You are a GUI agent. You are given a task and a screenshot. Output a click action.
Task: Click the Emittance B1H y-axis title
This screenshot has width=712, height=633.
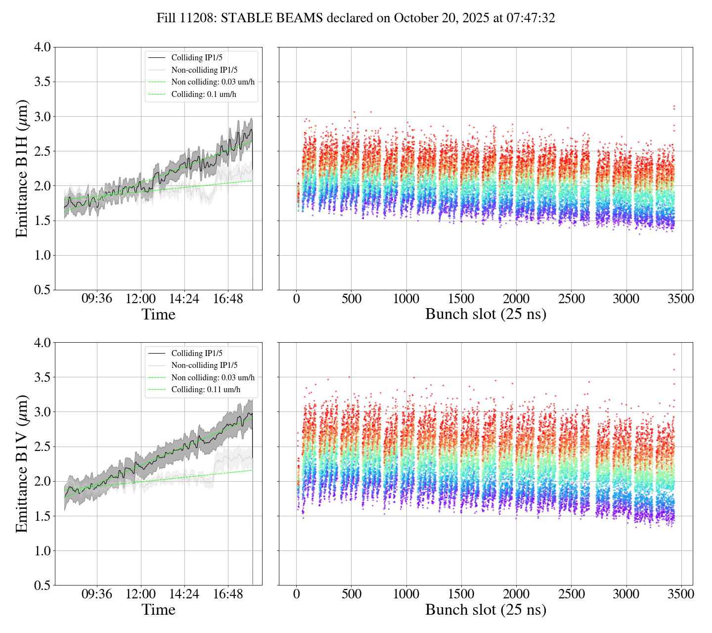(x=22, y=169)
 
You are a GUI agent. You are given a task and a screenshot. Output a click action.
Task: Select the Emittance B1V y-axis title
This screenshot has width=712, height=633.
(x=22, y=464)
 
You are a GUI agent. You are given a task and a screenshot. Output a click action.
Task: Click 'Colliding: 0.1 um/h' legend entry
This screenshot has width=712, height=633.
(x=207, y=94)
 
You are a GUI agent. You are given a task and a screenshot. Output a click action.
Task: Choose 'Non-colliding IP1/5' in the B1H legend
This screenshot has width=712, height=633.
(x=204, y=70)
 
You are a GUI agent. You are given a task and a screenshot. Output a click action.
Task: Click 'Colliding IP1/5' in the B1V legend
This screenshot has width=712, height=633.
(x=197, y=353)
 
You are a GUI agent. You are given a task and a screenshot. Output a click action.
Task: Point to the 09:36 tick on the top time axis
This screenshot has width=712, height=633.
(x=97, y=299)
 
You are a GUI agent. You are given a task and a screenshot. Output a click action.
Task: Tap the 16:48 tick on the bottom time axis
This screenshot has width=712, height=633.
(x=228, y=594)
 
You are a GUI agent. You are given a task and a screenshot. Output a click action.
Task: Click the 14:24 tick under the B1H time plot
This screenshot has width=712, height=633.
(x=184, y=299)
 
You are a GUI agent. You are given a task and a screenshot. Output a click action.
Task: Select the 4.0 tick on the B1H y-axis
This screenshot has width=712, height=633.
(x=42, y=47)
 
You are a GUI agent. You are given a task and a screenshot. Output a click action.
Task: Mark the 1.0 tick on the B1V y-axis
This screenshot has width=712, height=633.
(x=42, y=551)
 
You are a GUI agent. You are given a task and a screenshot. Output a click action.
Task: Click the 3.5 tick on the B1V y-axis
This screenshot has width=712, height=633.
(x=42, y=377)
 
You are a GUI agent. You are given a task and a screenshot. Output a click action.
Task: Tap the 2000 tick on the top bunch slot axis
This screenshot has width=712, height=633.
(x=516, y=299)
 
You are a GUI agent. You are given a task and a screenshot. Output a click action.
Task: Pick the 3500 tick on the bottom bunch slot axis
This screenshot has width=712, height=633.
(x=681, y=594)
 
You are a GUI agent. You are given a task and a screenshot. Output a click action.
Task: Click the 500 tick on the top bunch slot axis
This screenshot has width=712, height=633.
(x=351, y=299)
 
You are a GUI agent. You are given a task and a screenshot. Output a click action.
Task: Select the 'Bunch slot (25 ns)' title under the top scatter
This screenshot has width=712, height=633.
(x=486, y=314)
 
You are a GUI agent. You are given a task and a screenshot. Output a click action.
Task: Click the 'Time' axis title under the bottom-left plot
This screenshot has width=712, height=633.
(x=158, y=610)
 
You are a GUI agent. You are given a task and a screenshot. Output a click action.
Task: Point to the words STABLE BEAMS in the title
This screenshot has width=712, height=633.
(x=271, y=18)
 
